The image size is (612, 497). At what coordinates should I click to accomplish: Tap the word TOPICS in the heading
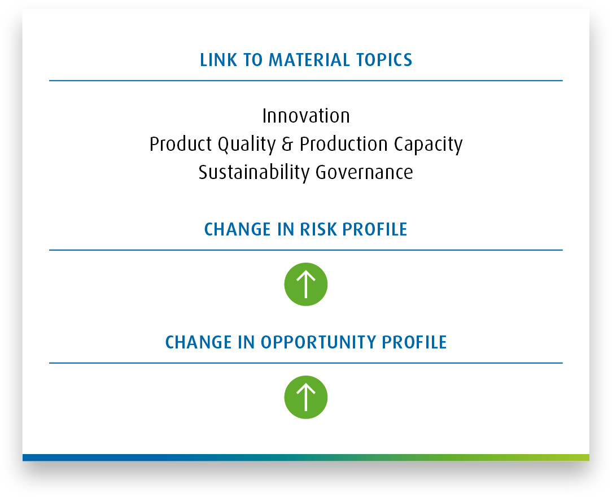[x=384, y=60]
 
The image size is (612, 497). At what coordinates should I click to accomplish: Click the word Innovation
[x=306, y=116]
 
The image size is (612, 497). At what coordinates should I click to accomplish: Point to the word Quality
[x=247, y=145]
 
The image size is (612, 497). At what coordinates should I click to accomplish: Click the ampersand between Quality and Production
[x=287, y=144]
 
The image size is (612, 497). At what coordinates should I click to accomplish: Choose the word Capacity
[x=428, y=145]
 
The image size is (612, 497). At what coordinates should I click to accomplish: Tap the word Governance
[x=364, y=173]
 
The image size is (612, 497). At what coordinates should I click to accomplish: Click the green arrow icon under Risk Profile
[x=306, y=284]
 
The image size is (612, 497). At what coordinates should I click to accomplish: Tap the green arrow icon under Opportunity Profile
[x=306, y=398]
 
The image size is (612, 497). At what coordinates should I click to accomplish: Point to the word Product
[x=181, y=144]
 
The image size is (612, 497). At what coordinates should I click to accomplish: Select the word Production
[x=343, y=144]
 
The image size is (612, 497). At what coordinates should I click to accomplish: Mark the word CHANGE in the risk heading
[x=237, y=229]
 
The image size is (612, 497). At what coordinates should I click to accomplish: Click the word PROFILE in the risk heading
[x=375, y=229]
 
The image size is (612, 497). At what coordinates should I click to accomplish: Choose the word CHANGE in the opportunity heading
[x=199, y=342]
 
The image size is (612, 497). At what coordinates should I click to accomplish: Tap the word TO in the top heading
[x=253, y=60]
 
